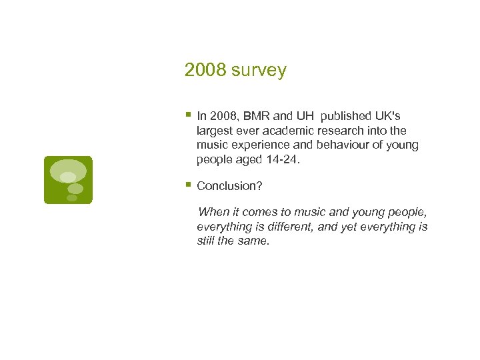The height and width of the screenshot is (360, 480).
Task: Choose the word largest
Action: click(x=214, y=131)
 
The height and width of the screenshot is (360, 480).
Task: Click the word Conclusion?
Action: click(x=229, y=186)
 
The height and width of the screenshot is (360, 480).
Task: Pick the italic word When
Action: click(x=213, y=213)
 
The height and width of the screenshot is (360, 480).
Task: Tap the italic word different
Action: click(x=274, y=227)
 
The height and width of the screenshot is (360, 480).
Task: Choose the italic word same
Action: click(x=255, y=241)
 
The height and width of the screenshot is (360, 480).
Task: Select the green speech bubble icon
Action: click(x=68, y=179)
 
